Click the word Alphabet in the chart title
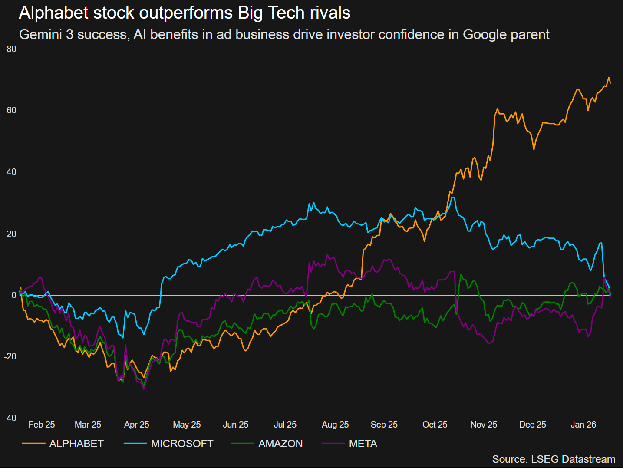pos(54,13)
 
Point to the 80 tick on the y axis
pos(12,49)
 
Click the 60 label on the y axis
pos(12,110)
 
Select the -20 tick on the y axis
pos(10,356)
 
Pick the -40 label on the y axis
pos(10,418)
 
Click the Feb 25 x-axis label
pos(42,425)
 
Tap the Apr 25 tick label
pos(136,425)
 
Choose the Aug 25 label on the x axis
pos(335,425)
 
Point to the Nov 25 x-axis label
pos(484,425)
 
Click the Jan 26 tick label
pos(583,425)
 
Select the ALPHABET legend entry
pos(76,444)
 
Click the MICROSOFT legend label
pos(182,444)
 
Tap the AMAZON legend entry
pos(280,444)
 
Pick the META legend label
pos(363,444)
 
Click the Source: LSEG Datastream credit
pos(554,459)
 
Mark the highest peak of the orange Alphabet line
pos(609,78)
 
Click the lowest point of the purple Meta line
pos(144,389)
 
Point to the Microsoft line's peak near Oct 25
pos(453,198)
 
